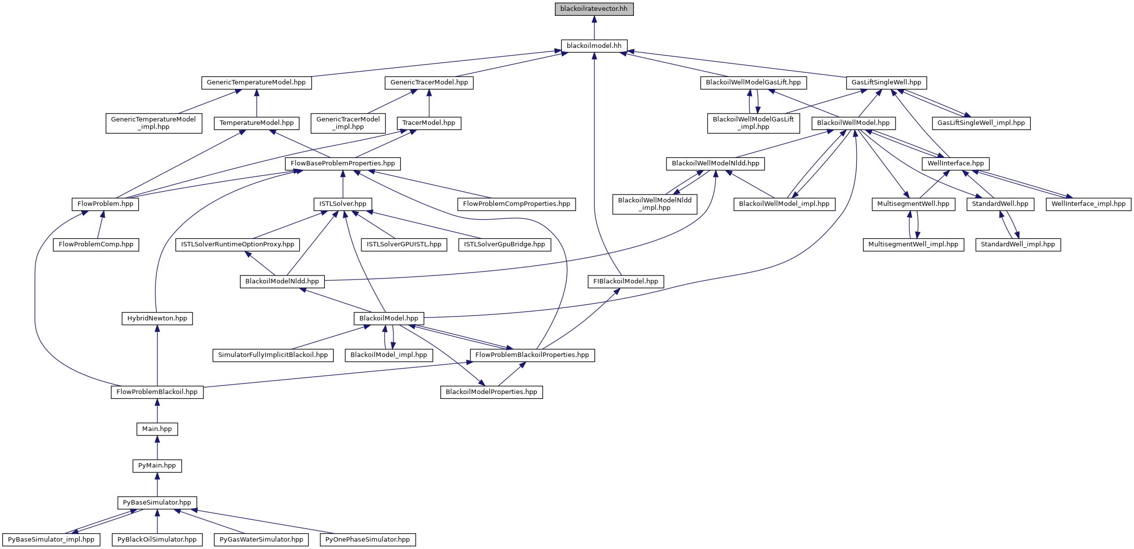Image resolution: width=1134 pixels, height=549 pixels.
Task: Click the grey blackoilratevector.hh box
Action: click(594, 9)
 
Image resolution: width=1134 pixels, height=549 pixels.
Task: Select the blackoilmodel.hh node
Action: click(594, 45)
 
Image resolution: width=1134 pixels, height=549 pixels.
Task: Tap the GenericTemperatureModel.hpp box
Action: click(256, 82)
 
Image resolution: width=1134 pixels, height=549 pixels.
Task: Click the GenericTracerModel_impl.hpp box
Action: click(348, 123)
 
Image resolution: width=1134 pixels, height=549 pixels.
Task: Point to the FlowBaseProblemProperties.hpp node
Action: click(343, 163)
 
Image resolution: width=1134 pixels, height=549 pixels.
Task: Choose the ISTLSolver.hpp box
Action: click(343, 203)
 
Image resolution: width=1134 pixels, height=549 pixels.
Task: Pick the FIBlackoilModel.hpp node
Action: click(626, 281)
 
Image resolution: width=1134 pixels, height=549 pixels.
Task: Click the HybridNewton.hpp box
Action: click(157, 318)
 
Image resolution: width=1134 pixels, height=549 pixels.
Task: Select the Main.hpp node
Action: click(157, 429)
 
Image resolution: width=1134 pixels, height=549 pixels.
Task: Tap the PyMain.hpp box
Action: click(157, 465)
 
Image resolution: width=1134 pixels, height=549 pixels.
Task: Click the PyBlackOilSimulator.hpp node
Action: click(157, 539)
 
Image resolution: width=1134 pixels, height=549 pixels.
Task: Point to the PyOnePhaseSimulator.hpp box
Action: click(367, 539)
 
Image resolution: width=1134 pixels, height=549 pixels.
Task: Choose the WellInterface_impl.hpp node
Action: click(1088, 203)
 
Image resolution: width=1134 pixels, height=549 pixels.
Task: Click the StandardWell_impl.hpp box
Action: click(1017, 244)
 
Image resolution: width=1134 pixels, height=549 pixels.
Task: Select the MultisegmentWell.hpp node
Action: click(913, 203)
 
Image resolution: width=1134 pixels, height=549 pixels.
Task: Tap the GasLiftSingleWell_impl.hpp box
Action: click(981, 122)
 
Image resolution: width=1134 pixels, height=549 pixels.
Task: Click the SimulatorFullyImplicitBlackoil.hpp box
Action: click(273, 354)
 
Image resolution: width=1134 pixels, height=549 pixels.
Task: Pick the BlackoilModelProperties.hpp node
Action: click(491, 392)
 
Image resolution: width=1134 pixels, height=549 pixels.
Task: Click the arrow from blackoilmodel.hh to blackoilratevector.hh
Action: click(594, 28)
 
